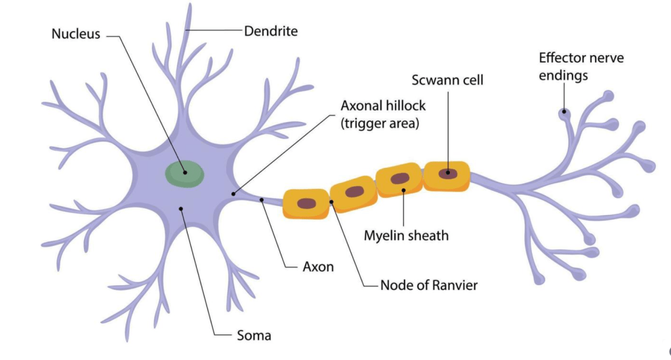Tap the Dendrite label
pyautogui.click(x=271, y=31)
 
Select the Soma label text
pyautogui.click(x=254, y=336)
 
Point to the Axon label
pyautogui.click(x=318, y=267)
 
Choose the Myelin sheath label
pyautogui.click(x=407, y=235)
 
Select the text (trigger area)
pyautogui.click(x=380, y=123)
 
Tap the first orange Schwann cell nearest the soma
pyautogui.click(x=306, y=203)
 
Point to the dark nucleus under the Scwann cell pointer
pyautogui.click(x=449, y=174)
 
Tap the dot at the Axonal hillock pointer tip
pyautogui.click(x=234, y=193)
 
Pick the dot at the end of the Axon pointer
pyautogui.click(x=262, y=199)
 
